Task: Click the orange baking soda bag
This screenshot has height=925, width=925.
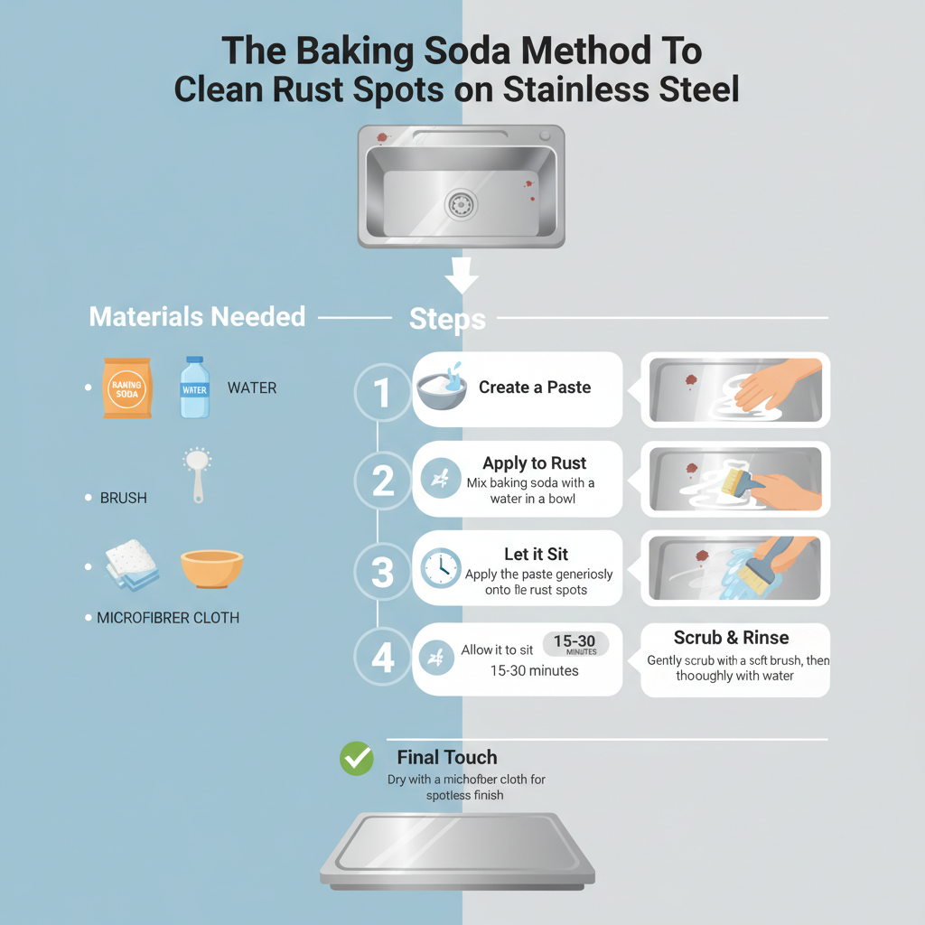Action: [127, 388]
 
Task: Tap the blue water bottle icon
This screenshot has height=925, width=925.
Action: [194, 388]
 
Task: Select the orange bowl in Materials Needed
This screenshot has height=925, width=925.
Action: [211, 568]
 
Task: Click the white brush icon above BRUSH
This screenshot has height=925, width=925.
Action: [197, 473]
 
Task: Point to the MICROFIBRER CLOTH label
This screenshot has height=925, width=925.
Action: [168, 619]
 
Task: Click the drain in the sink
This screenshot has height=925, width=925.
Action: [461, 204]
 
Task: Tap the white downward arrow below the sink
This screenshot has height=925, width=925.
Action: [462, 275]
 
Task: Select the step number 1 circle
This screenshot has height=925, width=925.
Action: [383, 393]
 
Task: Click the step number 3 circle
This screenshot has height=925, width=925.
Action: [383, 571]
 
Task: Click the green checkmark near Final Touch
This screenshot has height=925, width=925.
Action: [357, 759]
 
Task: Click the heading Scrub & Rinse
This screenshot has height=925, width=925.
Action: [731, 638]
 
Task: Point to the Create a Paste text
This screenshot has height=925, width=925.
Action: [535, 388]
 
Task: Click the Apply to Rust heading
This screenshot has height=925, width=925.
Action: [534, 463]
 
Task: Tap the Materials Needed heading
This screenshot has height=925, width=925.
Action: [197, 317]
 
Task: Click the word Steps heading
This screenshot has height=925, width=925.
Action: [447, 319]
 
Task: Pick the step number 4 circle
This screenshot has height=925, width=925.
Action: [383, 659]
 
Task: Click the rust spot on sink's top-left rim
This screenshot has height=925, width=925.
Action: [381, 138]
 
